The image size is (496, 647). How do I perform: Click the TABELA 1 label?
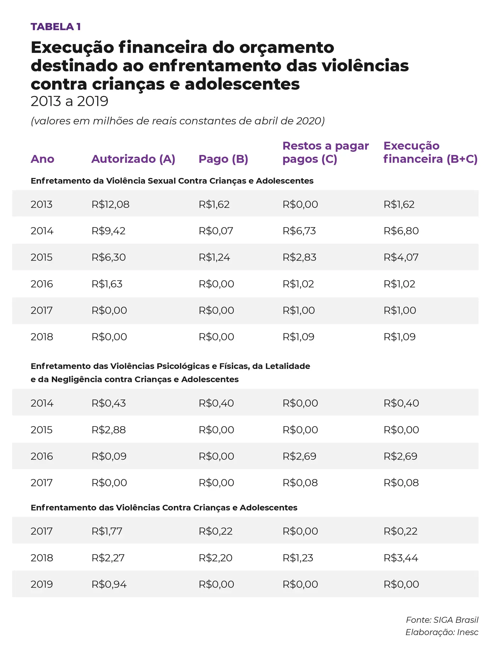pos(56,27)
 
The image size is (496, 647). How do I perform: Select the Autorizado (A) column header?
pos(133,159)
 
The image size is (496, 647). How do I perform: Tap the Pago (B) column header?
pos(223,159)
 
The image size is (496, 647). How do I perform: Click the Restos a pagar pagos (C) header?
pos(325,152)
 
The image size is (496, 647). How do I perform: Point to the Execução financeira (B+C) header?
pos(430,152)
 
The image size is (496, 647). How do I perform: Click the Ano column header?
pos(42,159)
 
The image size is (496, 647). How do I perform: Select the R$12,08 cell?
pos(110,205)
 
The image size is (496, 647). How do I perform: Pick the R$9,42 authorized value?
pos(108,231)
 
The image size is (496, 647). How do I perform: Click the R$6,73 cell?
pos(299,231)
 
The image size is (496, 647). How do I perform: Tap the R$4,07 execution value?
pos(401,257)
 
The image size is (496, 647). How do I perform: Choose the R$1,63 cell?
pos(107,284)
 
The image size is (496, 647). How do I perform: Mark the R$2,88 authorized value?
pos(108,430)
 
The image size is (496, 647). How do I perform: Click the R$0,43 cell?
pos(108,403)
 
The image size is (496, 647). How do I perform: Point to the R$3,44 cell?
pos(401,558)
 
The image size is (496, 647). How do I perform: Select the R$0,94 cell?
pos(109,584)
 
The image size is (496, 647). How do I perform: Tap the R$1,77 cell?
pos(107,531)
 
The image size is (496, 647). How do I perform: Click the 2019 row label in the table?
pos(42,584)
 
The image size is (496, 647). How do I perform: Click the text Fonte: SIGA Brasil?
pos(442,620)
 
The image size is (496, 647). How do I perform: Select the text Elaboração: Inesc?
pos(441,632)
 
